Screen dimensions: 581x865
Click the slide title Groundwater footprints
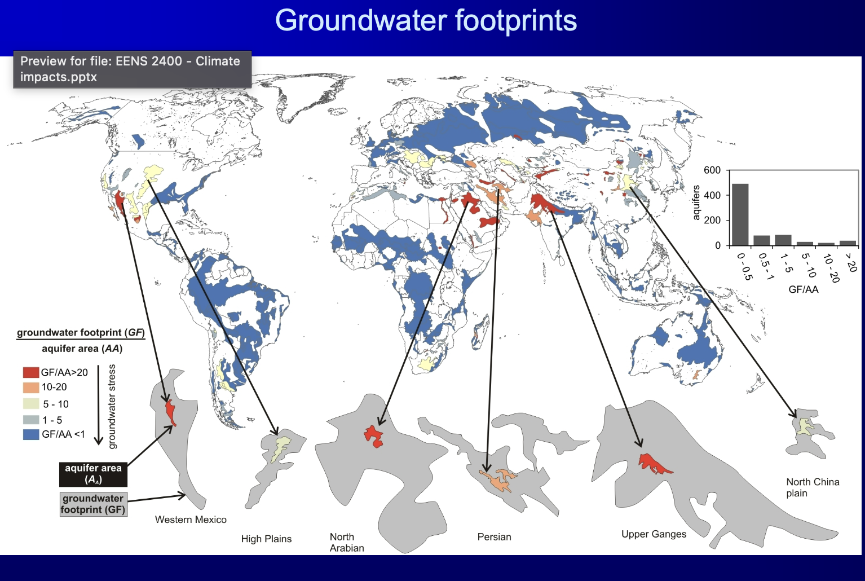coord(426,21)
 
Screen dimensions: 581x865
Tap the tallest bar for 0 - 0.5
coord(740,215)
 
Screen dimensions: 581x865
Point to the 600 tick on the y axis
coord(712,170)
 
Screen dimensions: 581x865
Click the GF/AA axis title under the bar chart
coord(803,289)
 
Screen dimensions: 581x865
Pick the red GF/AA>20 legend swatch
coord(30,372)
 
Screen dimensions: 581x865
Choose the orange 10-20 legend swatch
coord(30,388)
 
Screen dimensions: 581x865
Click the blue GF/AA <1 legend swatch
coord(30,434)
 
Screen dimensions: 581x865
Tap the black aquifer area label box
coord(93,474)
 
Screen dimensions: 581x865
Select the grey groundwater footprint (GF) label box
coord(92,504)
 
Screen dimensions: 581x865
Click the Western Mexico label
coord(191,520)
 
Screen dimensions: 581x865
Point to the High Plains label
coord(266,539)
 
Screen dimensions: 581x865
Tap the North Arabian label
coord(347,542)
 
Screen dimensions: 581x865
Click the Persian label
coord(494,536)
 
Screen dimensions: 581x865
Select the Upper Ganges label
coord(654,534)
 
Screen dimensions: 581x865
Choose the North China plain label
coord(812,487)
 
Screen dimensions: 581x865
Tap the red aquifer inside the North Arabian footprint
coord(373,436)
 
